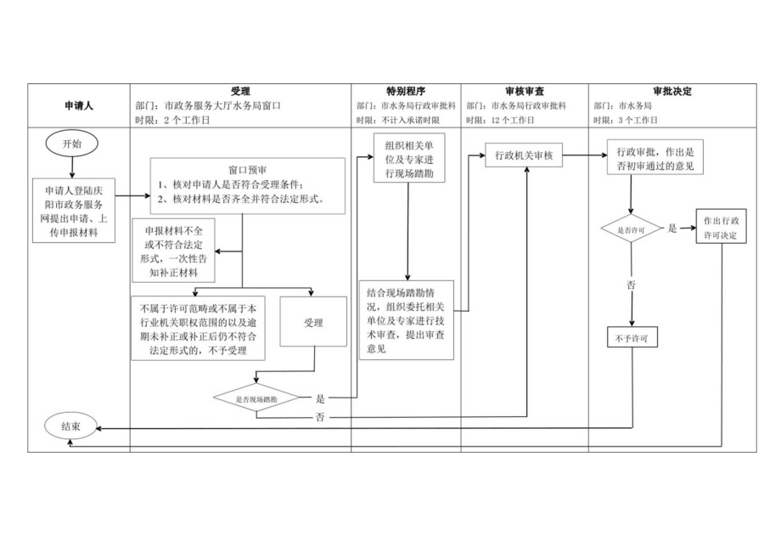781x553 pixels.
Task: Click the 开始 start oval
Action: pos(73,144)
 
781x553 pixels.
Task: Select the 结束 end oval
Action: pos(73,427)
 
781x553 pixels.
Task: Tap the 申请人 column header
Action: pos(79,106)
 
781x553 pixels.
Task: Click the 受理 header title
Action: pos(240,91)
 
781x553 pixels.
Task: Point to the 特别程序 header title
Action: pos(406,91)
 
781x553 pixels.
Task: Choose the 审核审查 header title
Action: pos(525,91)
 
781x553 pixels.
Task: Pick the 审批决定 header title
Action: pos(672,91)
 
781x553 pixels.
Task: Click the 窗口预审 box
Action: pos(250,186)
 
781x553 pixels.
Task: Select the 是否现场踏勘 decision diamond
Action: pos(256,398)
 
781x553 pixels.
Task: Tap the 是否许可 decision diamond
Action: pos(631,229)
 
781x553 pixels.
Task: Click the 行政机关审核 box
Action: pos(524,155)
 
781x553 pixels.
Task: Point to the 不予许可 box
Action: pos(632,338)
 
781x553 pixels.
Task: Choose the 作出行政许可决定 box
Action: pos(721,227)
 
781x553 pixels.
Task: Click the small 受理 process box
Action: pos(313,323)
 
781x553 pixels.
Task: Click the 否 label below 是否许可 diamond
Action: pos(631,285)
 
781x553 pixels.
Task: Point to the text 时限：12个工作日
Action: pos(500,121)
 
